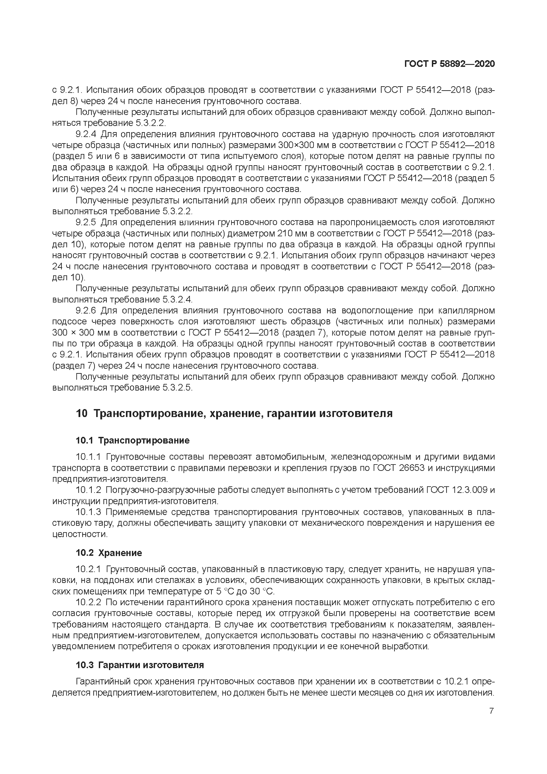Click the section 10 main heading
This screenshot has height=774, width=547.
(x=234, y=413)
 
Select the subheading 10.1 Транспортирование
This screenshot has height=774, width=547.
(x=133, y=440)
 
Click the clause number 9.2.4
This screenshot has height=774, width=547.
(x=86, y=134)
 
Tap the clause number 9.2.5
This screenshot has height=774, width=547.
(x=86, y=222)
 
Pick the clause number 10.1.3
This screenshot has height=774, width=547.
(x=88, y=512)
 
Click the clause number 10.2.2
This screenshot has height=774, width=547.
(x=88, y=602)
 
